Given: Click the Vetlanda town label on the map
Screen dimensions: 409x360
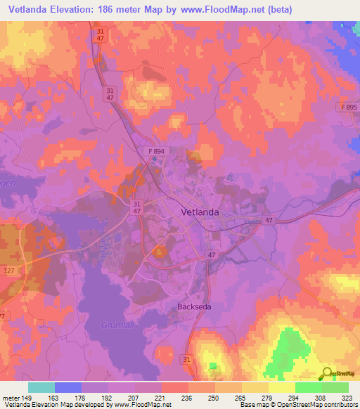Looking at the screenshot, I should (190, 212).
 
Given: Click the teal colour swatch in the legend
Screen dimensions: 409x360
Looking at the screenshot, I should (41, 387).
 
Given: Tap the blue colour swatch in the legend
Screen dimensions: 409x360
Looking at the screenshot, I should (68, 387).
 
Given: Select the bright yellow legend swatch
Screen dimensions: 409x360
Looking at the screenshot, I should (281, 387).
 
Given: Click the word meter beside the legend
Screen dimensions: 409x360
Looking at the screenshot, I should (12, 397).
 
